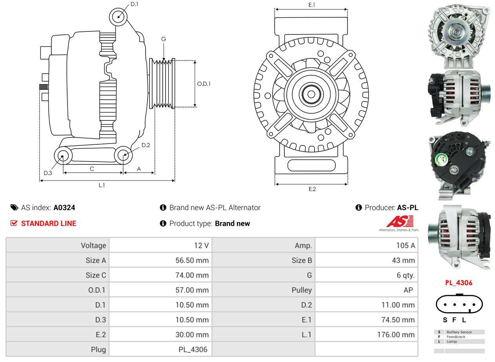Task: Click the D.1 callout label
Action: coord(134,4)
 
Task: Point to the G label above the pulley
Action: coord(164,39)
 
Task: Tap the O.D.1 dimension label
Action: coord(204,84)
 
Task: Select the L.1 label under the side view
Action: coord(102,185)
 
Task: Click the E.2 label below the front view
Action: coord(312,189)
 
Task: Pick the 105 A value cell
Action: coord(405,246)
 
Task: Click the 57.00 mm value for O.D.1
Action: coord(192,290)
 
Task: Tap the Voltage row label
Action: coord(93,246)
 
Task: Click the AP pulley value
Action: coord(408,290)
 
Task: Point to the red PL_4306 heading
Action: coord(459,283)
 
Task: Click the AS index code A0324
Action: coord(64,208)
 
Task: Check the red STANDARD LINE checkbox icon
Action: coord(14,223)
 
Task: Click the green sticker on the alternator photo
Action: coord(442,159)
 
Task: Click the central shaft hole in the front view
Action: coord(311,94)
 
